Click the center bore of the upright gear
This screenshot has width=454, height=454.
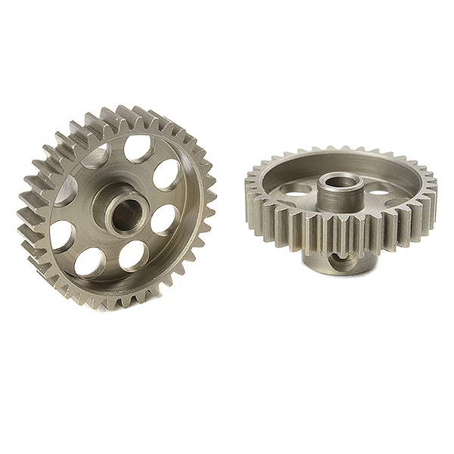coord(124,215)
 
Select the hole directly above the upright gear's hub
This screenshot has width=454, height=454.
coord(138,150)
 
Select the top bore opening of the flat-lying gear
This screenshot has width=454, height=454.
coord(340,182)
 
